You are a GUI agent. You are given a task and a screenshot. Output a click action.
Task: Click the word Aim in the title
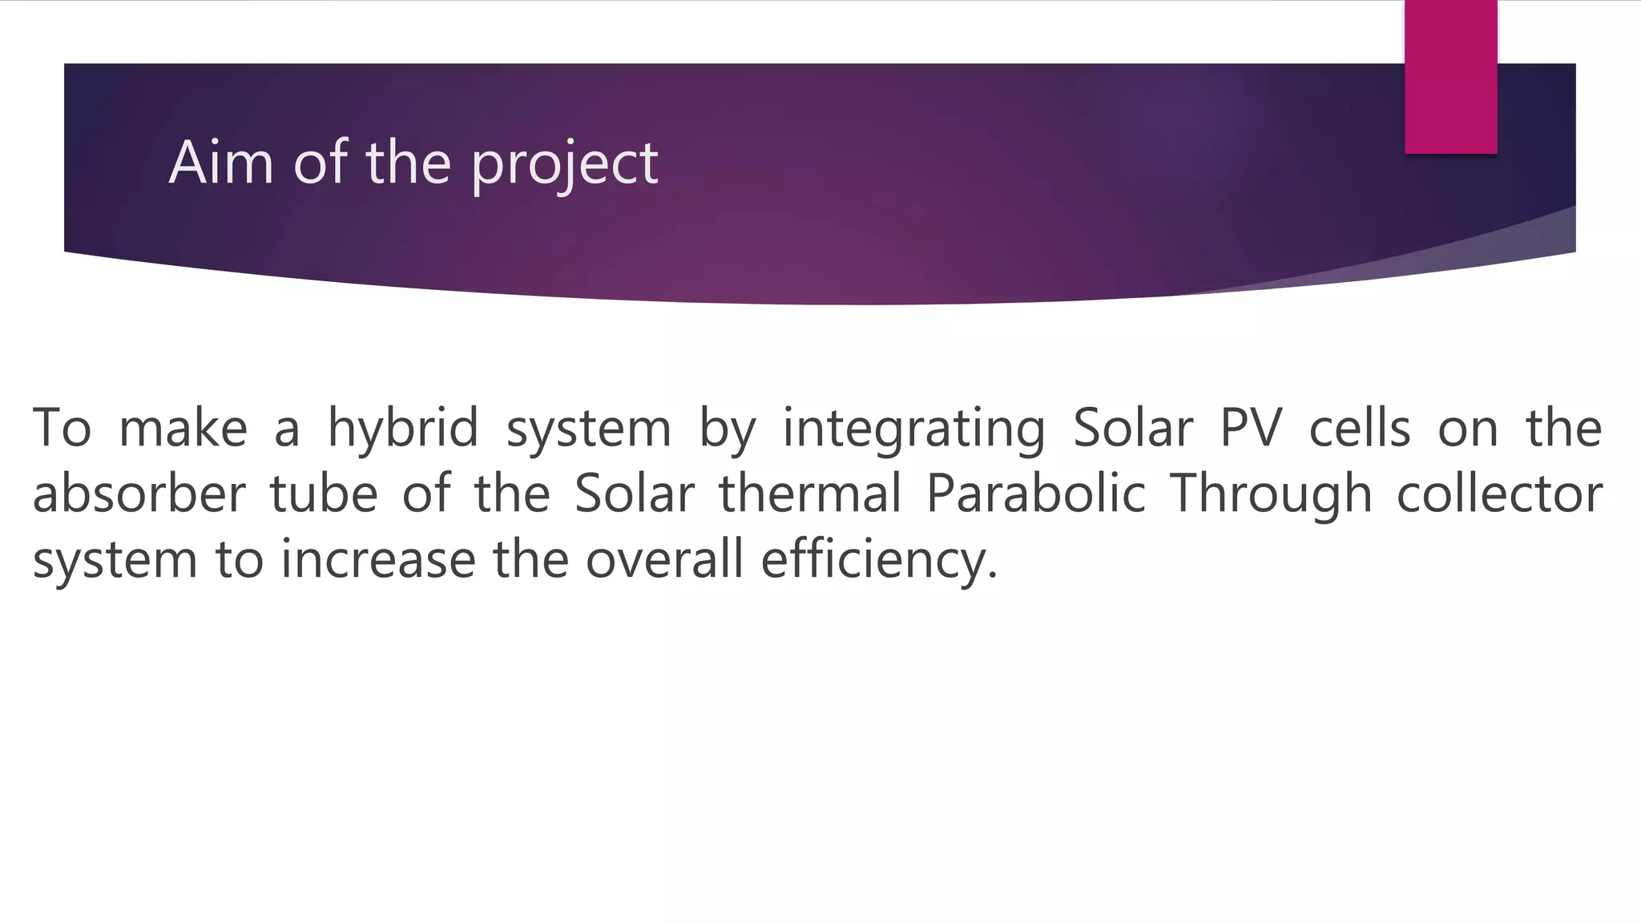tap(221, 163)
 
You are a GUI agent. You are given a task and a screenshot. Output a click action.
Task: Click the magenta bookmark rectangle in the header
tap(1450, 77)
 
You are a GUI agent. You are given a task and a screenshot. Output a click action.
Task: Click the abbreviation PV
tap(1251, 428)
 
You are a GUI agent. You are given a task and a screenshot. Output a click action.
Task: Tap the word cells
tap(1359, 428)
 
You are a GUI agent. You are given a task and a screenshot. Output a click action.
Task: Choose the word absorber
tap(139, 494)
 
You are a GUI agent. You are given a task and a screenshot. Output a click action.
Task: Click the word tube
tap(324, 494)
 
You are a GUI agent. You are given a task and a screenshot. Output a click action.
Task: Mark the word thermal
tap(811, 494)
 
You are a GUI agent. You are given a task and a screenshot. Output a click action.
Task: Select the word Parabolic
tap(1035, 494)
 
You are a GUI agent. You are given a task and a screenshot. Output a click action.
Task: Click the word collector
tap(1499, 494)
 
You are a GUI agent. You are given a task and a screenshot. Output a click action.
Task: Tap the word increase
tap(378, 559)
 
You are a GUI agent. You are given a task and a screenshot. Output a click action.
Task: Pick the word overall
tap(664, 559)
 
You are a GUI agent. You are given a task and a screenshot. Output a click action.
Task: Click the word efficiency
tap(879, 561)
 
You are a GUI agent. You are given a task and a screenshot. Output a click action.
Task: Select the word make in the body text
tap(183, 428)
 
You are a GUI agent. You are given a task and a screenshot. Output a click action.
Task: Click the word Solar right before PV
tap(1133, 428)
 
